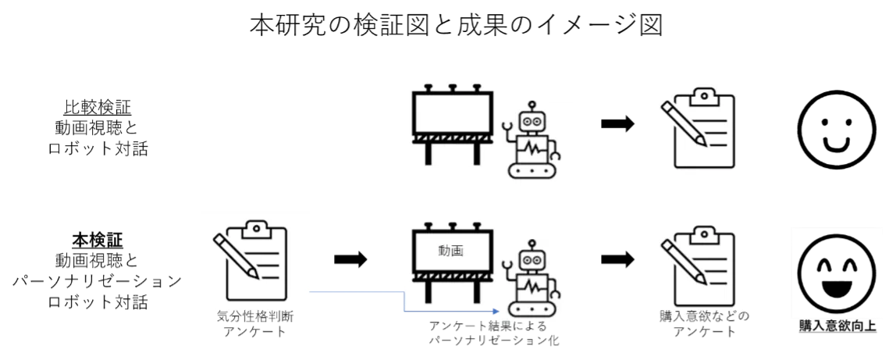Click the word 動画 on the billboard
pos(451,251)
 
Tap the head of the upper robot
pos(534,121)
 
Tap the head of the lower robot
pos(534,259)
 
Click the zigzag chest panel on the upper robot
pos(534,148)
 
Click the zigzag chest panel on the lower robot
pos(534,285)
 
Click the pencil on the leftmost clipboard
pos(236,254)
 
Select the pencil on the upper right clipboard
pos(684,123)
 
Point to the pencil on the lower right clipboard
pos(684,261)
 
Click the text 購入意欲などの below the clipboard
pos(703,315)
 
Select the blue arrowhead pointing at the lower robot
pos(493,310)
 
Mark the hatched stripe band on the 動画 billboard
pos(452,276)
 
